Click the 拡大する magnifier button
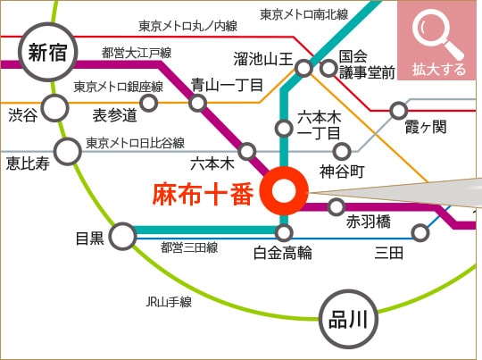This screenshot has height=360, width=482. (x=436, y=40)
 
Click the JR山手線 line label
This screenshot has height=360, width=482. (x=169, y=302)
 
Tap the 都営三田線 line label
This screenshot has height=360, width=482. (x=189, y=247)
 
